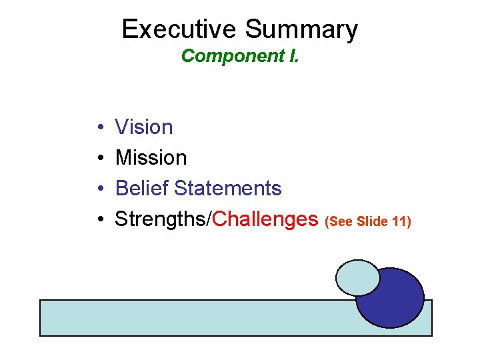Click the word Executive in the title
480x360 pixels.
(180, 29)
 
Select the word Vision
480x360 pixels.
(144, 127)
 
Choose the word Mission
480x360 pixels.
(151, 157)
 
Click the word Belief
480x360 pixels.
(142, 188)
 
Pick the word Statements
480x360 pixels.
(228, 188)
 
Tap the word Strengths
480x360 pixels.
(162, 219)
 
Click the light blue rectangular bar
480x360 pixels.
(200, 317)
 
